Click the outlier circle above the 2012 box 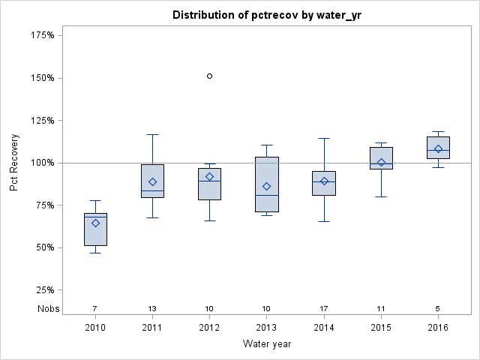[x=209, y=76]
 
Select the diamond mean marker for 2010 [x=95, y=223]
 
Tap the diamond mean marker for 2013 [x=266, y=186]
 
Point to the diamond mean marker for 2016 [x=438, y=148]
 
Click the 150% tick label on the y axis [x=42, y=78]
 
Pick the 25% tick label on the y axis [x=44, y=290]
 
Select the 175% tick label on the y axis [x=42, y=35]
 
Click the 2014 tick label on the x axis [x=324, y=328]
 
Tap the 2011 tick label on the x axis [x=152, y=328]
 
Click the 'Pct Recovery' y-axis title [x=15, y=163]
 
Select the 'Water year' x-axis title [x=266, y=344]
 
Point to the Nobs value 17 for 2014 [x=324, y=308]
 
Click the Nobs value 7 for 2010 [x=95, y=308]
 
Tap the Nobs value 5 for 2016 [x=438, y=308]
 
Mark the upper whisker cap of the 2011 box [x=152, y=134]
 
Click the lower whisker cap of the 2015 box [x=381, y=196]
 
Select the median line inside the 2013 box [x=266, y=195]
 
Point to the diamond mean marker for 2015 [x=381, y=163]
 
